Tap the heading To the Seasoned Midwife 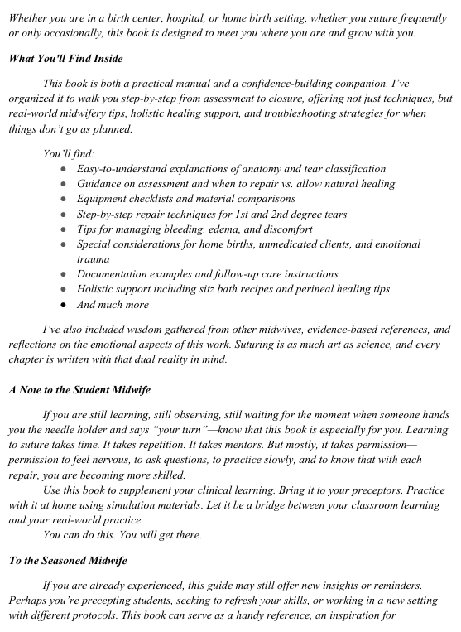(x=68, y=561)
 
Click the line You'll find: (x=69, y=153)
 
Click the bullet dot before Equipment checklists (x=64, y=199)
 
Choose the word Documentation (x=114, y=273)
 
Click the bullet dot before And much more (x=64, y=304)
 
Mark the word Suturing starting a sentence (x=260, y=344)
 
